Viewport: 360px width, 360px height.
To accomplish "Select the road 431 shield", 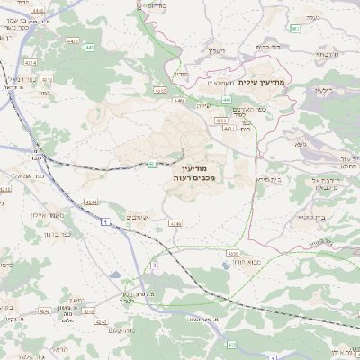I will [153, 163].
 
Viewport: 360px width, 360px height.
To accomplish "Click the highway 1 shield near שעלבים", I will [106, 220].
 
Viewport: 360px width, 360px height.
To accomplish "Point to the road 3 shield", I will [154, 265].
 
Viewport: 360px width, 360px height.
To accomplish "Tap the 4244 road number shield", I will [92, 202].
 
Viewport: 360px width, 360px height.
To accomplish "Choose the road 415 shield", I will [232, 344].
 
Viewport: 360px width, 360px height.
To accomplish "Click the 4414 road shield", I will [5, 189].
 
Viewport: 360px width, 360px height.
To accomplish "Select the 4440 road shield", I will [72, 40].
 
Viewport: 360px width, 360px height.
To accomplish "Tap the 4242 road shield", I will [45, 311].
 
